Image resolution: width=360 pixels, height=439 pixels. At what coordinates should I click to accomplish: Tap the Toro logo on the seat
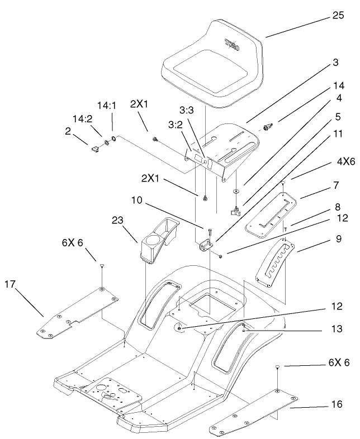[x=232, y=45]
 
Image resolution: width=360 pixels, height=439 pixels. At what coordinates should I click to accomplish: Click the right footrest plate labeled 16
[x=254, y=412]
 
